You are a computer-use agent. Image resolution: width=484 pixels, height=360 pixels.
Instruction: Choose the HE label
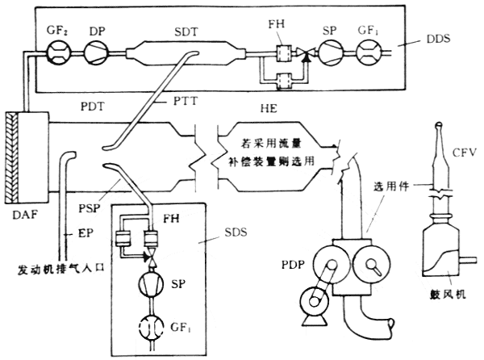[270, 108]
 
